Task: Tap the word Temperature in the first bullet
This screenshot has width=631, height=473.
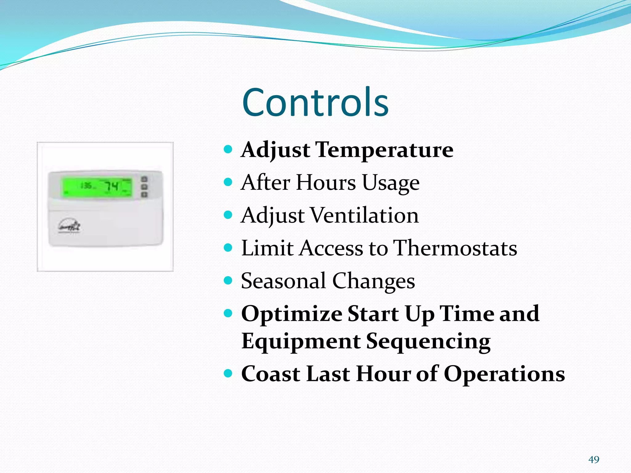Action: point(385,150)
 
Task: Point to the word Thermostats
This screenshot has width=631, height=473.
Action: point(456,248)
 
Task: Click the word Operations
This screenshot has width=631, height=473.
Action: point(504,374)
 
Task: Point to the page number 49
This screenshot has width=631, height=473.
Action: point(594,459)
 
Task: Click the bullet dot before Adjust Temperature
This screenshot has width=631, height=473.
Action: point(228,150)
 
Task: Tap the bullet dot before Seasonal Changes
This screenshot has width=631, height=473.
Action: point(228,281)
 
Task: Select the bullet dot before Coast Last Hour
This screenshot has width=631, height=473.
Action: point(228,374)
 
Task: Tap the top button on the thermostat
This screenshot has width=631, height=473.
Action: point(144,179)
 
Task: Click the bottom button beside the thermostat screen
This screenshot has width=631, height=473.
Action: point(144,194)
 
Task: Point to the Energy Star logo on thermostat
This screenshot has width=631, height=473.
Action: point(69,227)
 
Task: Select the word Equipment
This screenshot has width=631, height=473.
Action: point(301,341)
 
